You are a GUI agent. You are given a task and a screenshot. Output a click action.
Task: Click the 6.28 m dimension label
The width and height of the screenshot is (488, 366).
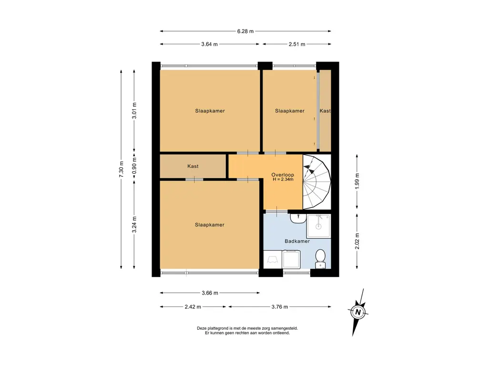coord(245,31)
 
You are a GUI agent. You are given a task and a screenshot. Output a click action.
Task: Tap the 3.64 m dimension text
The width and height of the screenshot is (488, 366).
coord(209,44)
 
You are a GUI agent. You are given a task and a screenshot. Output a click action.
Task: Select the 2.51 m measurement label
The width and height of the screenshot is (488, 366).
coord(297,44)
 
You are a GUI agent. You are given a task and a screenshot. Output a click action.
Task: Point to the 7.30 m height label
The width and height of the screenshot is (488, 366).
coord(121,169)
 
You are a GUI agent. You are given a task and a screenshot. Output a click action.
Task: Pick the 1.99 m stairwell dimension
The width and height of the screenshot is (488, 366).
coord(357,182)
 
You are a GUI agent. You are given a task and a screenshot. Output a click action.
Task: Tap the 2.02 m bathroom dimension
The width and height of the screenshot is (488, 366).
coord(357,241)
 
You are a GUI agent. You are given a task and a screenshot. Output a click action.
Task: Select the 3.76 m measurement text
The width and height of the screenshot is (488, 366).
coord(279,307)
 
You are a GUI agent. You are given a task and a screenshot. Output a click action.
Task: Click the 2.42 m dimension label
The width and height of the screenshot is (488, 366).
coord(193,307)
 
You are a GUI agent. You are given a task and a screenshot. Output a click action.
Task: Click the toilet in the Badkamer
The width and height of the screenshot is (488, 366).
coord(320,259)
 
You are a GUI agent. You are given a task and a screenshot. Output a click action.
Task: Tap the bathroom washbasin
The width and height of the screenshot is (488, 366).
coord(298,218)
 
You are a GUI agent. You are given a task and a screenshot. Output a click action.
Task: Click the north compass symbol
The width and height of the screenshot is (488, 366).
coord(358,312)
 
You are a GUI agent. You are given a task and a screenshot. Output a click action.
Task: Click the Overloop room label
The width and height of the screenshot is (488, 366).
coord(283,175)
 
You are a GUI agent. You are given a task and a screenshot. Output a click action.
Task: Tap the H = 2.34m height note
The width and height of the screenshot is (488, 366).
coord(283,179)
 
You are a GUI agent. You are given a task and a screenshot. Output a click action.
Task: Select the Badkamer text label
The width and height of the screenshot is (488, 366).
coord(297,241)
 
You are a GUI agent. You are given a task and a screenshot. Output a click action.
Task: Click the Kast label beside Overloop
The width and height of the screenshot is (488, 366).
coord(193,166)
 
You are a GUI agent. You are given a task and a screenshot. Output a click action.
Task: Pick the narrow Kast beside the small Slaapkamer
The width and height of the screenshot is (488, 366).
coord(325,111)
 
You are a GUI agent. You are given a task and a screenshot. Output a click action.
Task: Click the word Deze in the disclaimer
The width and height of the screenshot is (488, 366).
coord(202,328)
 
